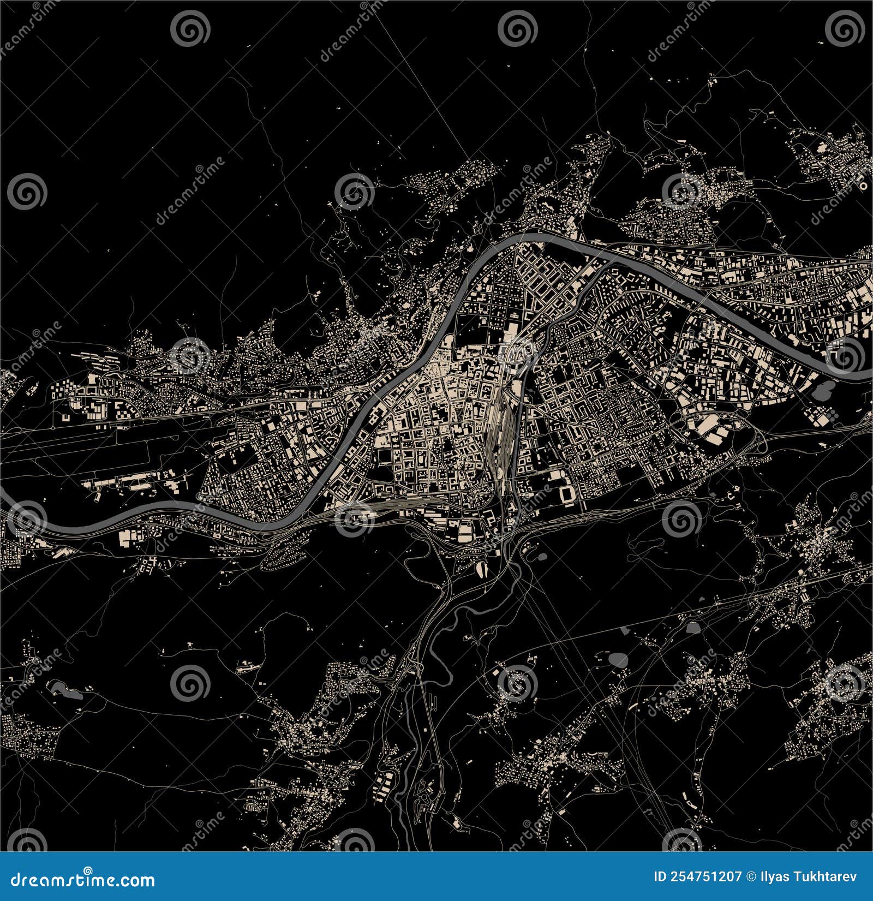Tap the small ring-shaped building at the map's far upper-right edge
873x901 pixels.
(x=863, y=186)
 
